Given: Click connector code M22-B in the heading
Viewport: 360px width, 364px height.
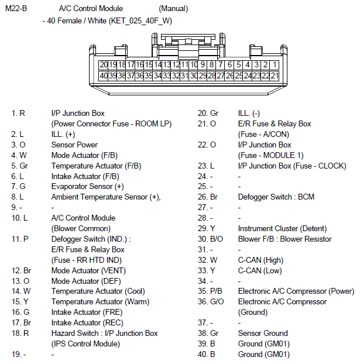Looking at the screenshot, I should click(16, 9).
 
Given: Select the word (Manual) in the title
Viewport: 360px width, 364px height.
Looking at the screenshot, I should click(173, 9).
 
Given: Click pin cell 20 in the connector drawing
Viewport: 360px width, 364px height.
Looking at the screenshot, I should click(104, 64).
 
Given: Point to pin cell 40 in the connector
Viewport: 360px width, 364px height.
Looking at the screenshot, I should click(104, 75).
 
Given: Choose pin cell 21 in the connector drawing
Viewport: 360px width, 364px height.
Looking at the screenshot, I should click(275, 75).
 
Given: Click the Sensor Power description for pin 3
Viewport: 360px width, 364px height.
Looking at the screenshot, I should click(74, 145).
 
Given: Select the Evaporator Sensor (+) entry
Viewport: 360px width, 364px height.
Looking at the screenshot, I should click(87, 187).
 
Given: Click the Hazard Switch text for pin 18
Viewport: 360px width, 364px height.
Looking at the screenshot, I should click(104, 333).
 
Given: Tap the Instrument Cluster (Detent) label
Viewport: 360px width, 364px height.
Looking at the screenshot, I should click(282, 228).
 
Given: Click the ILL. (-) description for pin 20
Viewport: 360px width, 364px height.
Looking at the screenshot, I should click(249, 113).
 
